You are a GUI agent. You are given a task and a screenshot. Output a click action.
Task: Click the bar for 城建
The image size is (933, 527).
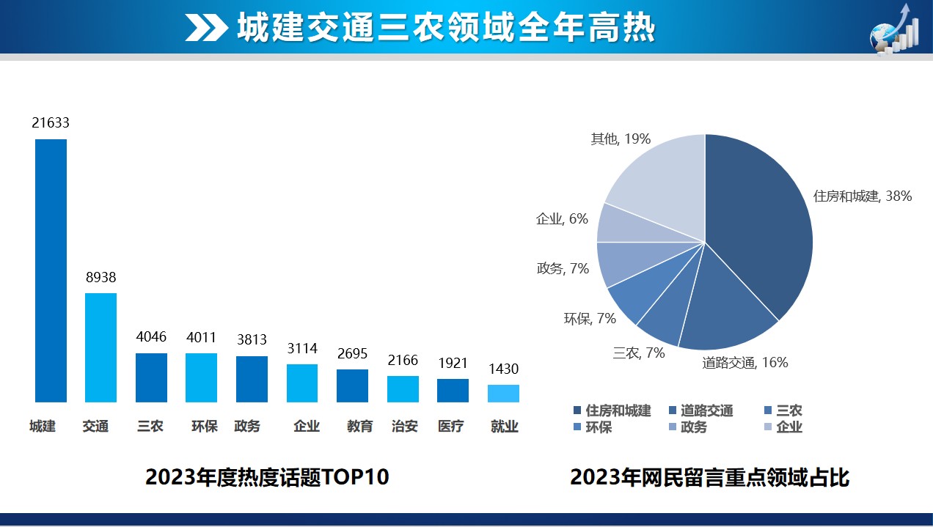[x=51, y=270]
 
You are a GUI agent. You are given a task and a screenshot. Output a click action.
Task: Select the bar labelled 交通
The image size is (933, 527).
[x=100, y=347]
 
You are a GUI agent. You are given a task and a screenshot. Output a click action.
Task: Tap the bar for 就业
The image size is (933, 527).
[x=503, y=394]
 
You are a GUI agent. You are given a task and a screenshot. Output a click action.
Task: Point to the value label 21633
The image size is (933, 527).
[x=51, y=123]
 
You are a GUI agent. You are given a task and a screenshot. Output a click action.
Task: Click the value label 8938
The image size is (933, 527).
[x=100, y=278]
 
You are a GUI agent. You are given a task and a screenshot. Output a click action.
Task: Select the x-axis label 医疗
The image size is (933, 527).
[x=450, y=426]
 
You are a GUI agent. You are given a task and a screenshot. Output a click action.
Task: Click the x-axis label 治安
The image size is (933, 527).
[x=404, y=426]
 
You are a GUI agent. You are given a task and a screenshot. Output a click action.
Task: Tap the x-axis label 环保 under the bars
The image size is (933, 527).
[x=205, y=426]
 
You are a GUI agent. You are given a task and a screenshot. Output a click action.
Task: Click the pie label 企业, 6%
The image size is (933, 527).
[x=562, y=218]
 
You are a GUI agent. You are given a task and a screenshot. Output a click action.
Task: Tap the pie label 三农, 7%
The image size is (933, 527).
[x=639, y=353]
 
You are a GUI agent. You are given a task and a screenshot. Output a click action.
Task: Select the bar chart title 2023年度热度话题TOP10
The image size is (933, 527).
[x=267, y=477]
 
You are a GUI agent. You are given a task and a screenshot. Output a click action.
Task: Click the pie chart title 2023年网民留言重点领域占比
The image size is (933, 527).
[x=709, y=477]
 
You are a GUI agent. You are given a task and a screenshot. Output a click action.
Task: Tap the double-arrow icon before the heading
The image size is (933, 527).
[x=206, y=28]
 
